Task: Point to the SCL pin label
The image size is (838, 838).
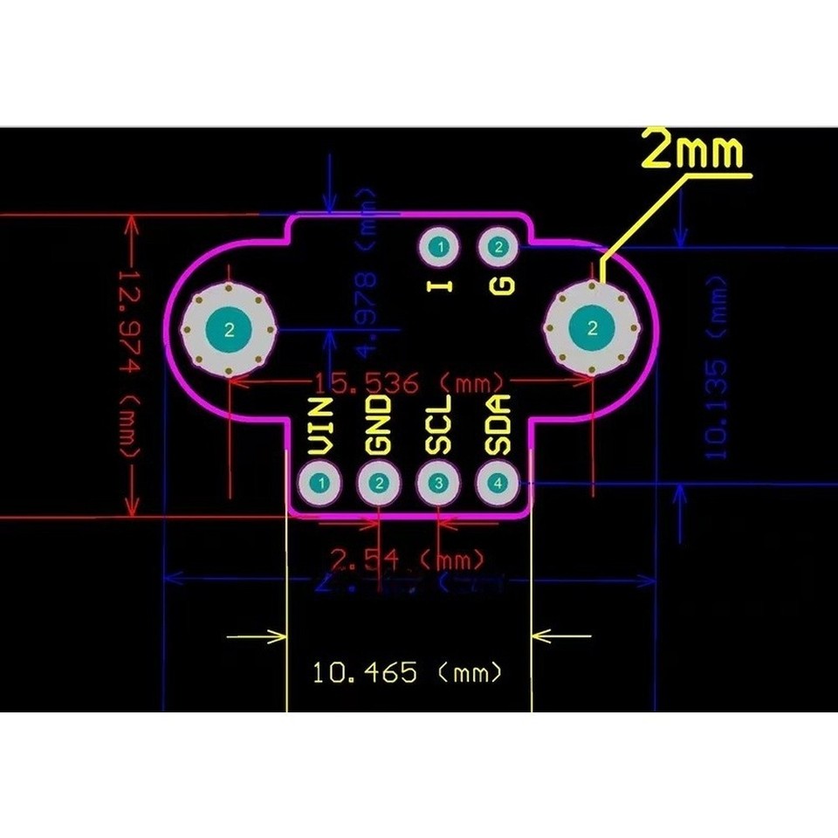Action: pyautogui.click(x=439, y=425)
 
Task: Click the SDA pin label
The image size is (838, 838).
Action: pyautogui.click(x=498, y=425)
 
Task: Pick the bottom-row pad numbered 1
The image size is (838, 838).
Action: pyautogui.click(x=322, y=483)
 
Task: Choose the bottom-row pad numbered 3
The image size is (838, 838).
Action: pyautogui.click(x=439, y=483)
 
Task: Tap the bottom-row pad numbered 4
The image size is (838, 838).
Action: pyautogui.click(x=498, y=483)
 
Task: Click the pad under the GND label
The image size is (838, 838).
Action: pyautogui.click(x=380, y=483)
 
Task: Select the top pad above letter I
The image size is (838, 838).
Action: pyautogui.click(x=442, y=248)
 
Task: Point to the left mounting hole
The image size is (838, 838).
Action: pyautogui.click(x=229, y=330)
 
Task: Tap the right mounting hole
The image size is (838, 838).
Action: pyautogui.click(x=594, y=329)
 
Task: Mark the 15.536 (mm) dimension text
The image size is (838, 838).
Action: pyautogui.click(x=409, y=382)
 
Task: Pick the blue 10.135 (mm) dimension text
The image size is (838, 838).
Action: pyautogui.click(x=715, y=367)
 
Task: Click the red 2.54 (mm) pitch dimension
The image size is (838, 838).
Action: pyautogui.click(x=407, y=557)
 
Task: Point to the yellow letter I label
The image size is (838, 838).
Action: pyautogui.click(x=442, y=285)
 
